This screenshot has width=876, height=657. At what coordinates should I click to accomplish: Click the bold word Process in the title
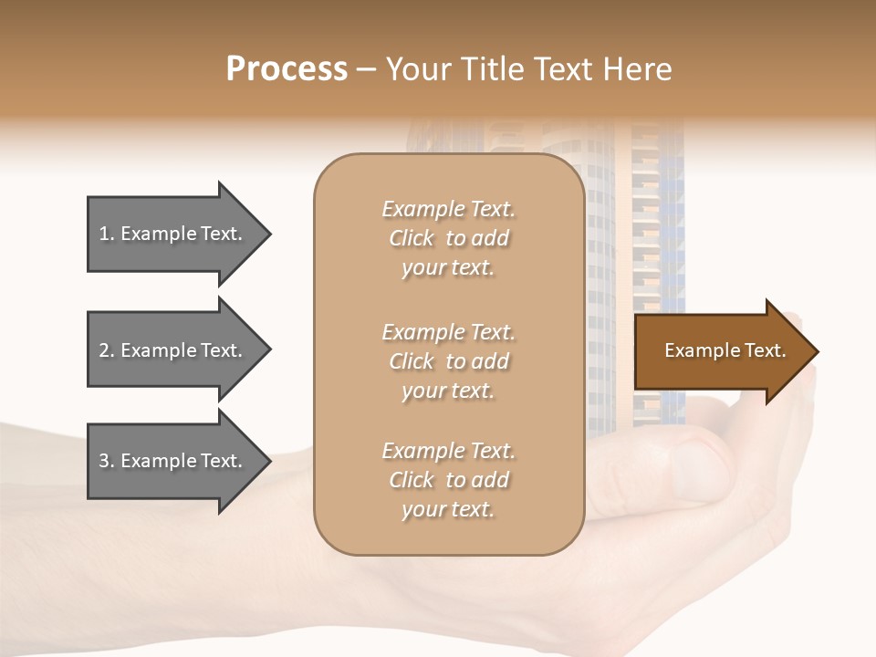pos(287,69)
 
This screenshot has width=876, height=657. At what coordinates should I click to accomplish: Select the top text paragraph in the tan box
pos(448,238)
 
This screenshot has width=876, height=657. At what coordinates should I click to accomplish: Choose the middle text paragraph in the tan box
pos(448,361)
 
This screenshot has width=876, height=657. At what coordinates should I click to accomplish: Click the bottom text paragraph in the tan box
pos(448,480)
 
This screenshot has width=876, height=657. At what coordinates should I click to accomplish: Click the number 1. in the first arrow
pos(107,234)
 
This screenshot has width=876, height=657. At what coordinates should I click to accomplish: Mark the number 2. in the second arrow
pos(107,350)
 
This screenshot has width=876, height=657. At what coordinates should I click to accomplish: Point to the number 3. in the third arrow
pos(107,461)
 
